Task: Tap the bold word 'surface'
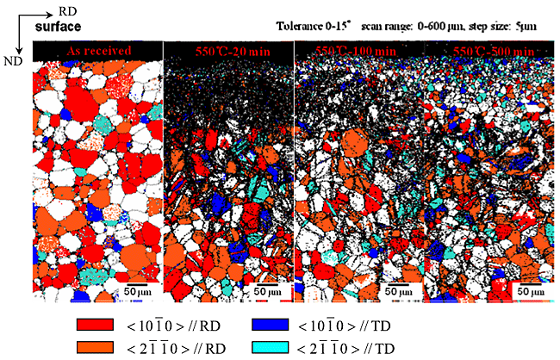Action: (58, 28)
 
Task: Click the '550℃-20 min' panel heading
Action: (227, 52)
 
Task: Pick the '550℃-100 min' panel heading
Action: (357, 52)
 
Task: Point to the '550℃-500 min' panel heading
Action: (488, 52)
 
